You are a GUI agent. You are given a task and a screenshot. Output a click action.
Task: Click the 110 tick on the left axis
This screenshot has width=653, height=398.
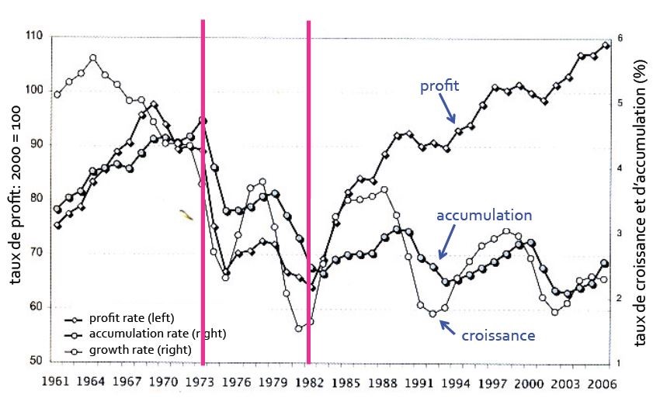[35, 36]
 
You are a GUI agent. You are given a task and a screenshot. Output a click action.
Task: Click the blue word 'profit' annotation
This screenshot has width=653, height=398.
[439, 86]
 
